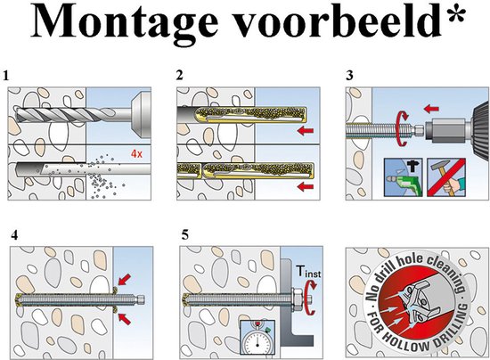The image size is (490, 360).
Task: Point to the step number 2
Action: (180, 78)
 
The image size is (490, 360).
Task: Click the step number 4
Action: (15, 236)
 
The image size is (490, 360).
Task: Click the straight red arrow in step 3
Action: (431, 110)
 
